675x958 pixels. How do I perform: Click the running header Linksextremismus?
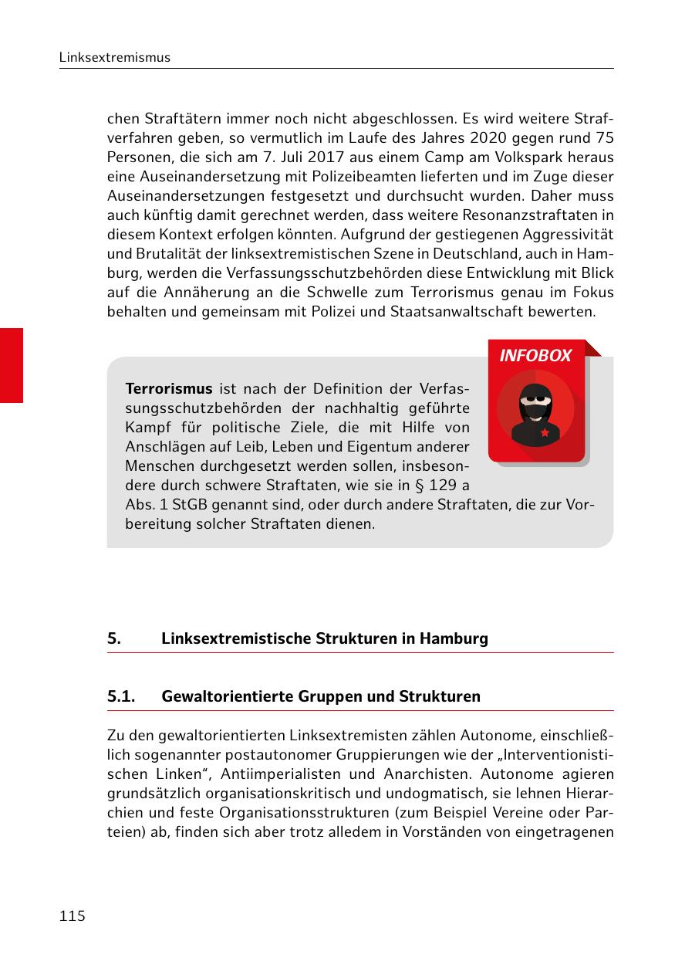coord(115,58)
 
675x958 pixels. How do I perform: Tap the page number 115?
coord(72,916)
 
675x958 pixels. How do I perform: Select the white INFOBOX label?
coord(535,356)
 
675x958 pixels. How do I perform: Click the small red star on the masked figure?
coord(545,433)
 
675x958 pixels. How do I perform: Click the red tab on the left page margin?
coord(12,365)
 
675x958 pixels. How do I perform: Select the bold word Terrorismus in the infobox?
coord(169,388)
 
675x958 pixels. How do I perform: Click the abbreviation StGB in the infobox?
coord(185,505)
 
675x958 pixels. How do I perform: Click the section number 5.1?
coord(121,696)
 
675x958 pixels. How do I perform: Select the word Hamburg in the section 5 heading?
coord(455,639)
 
